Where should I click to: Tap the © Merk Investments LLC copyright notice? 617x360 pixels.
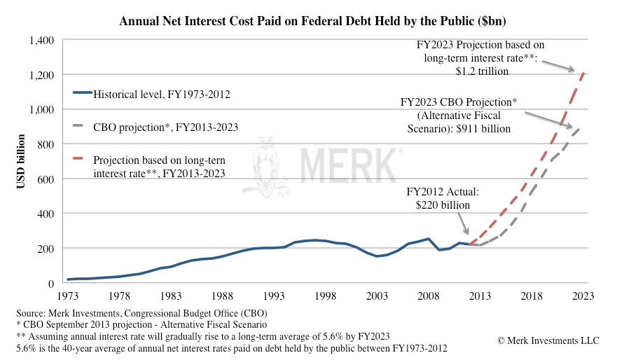click(548, 340)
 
